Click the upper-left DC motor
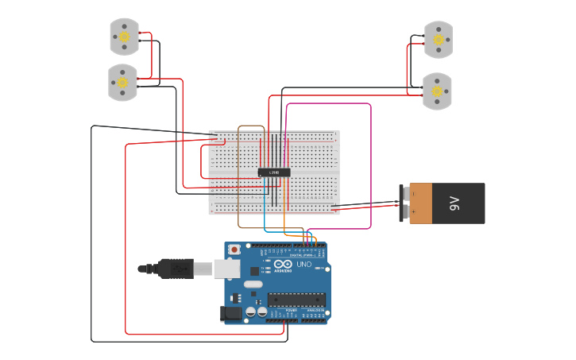[x=124, y=37]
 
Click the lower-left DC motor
[x=122, y=82]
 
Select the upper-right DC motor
[x=438, y=40]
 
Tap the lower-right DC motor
[x=436, y=91]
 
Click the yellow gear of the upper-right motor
[x=438, y=40]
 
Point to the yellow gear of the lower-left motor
[x=122, y=82]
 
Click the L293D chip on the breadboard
[x=274, y=172]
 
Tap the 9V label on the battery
[x=454, y=203]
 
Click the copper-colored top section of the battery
[x=420, y=203]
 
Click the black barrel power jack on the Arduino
[x=231, y=315]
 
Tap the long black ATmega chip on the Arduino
[x=296, y=300]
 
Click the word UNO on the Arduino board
[x=303, y=264]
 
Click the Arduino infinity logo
[x=283, y=264]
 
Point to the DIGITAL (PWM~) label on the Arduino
[x=306, y=254]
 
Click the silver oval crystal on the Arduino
[x=253, y=284]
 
